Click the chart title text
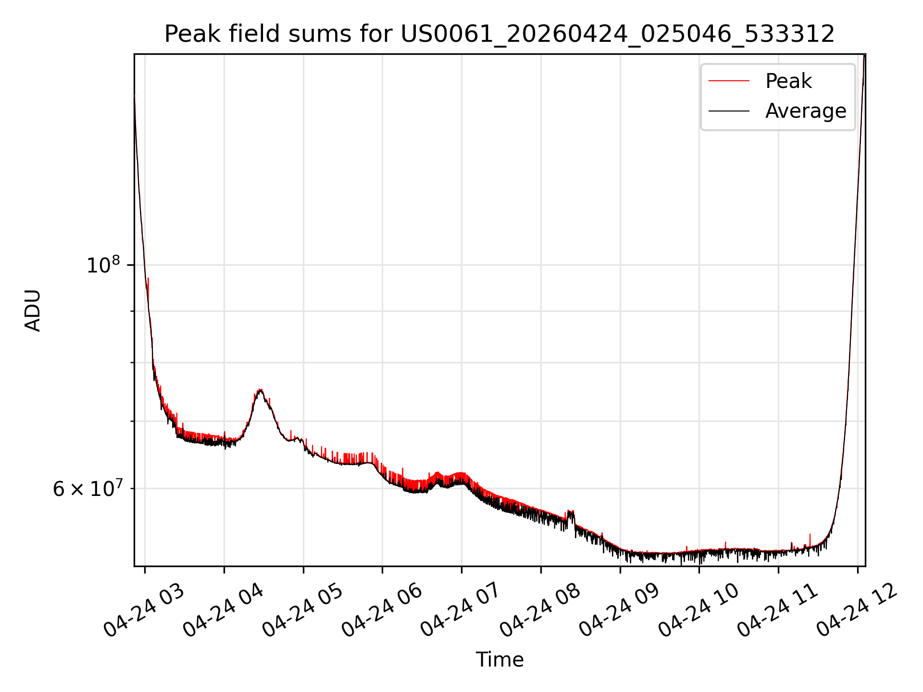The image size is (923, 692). (499, 34)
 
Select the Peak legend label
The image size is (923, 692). (788, 81)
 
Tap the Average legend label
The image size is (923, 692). (806, 111)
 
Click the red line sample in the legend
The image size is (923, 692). (729, 81)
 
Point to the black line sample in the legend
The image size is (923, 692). (729, 111)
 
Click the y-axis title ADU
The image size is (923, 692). (33, 310)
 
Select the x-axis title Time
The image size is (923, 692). (499, 659)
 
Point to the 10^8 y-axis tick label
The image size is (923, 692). (103, 265)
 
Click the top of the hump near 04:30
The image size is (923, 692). (260, 390)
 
